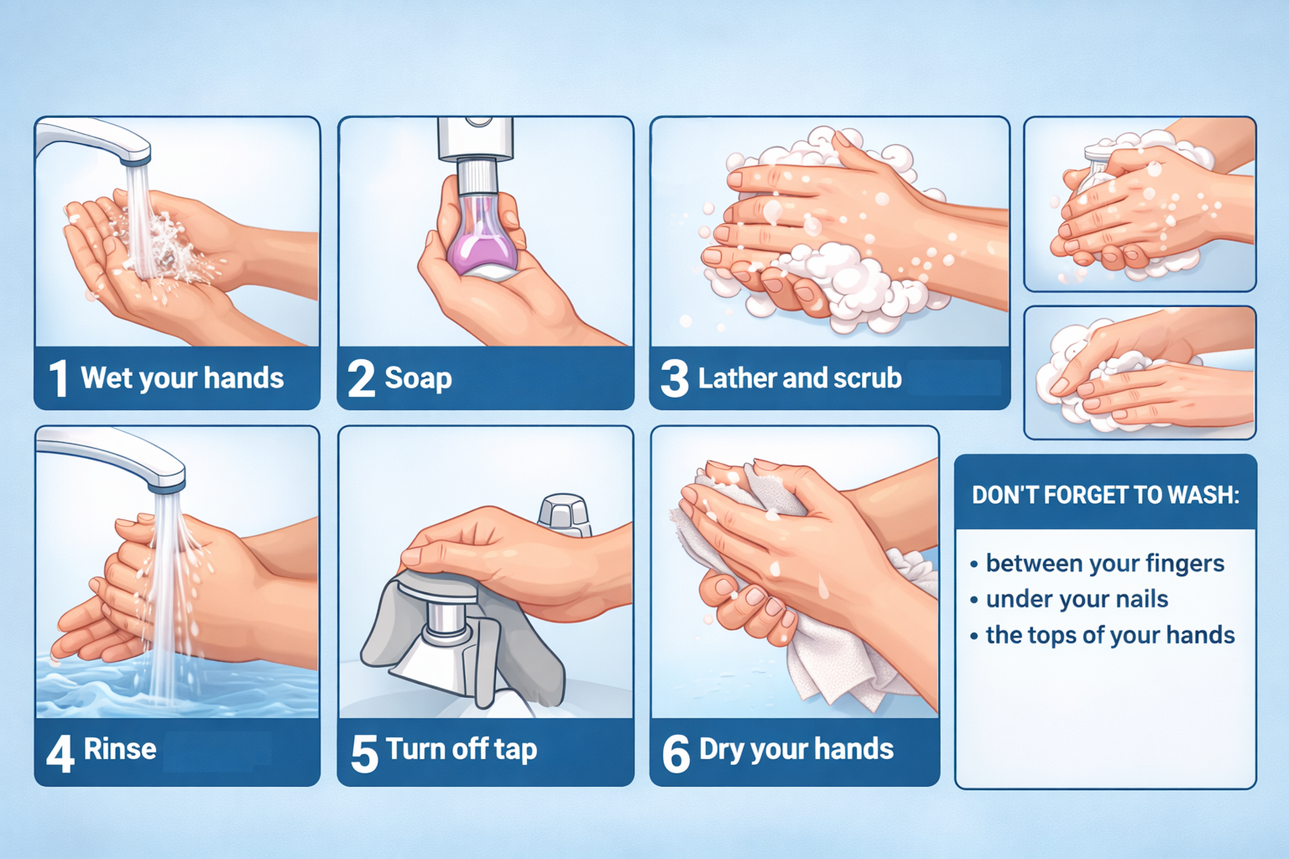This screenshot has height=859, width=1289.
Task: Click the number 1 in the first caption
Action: point(58,378)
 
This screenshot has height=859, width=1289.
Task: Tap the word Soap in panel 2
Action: point(418,378)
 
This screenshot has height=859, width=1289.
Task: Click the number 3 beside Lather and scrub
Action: point(674,378)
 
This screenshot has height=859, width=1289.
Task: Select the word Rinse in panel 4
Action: point(120,749)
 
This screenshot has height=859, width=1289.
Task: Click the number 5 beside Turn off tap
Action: point(365,753)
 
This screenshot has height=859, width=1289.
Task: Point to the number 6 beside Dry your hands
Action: point(676,753)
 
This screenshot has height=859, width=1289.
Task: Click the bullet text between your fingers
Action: point(1105,563)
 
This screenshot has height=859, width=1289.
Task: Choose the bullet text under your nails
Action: point(1077,599)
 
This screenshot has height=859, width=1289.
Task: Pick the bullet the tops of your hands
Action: point(1110,635)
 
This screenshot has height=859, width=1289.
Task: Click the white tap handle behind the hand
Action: point(564,515)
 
